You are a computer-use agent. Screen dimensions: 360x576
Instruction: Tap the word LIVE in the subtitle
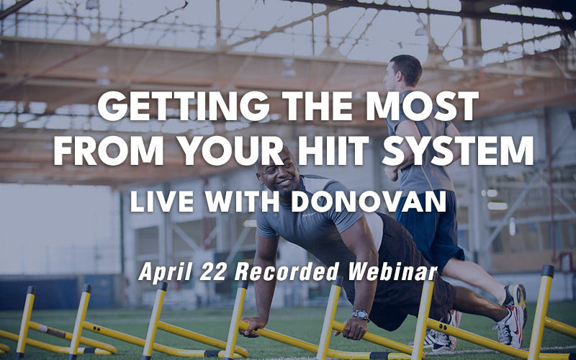click(156, 201)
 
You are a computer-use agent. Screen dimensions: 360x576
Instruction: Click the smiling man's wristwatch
click(360, 315)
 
